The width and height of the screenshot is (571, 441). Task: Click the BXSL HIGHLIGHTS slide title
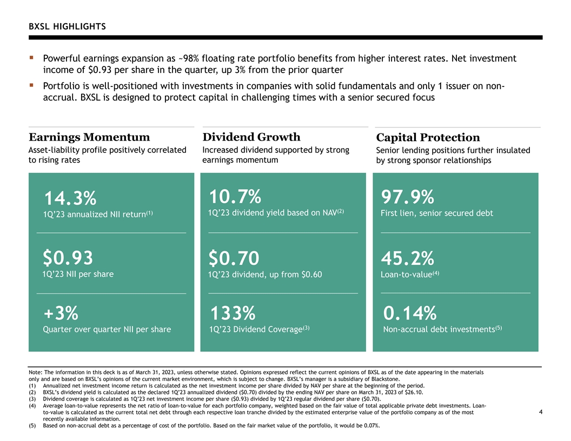pyautogui.click(x=68, y=26)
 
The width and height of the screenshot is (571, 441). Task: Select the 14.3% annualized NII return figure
pyautogui.click(x=70, y=199)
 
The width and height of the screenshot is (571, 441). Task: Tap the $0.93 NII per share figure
pyautogui.click(x=68, y=258)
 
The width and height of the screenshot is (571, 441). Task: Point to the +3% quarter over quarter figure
pyautogui.click(x=61, y=313)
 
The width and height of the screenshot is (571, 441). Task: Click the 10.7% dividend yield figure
pyautogui.click(x=235, y=197)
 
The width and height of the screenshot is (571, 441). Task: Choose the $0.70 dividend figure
pyautogui.click(x=234, y=258)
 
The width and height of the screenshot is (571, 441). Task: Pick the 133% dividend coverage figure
pyautogui.click(x=233, y=313)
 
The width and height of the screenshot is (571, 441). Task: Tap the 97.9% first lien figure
pyautogui.click(x=408, y=197)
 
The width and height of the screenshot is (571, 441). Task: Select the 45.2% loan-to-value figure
pyautogui.click(x=408, y=258)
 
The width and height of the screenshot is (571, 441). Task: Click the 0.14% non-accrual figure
pyautogui.click(x=410, y=313)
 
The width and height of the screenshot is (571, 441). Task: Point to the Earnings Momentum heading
pyautogui.click(x=89, y=137)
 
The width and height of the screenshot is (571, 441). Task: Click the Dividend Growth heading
pyautogui.click(x=251, y=137)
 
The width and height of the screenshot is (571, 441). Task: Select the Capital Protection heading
pyautogui.click(x=428, y=137)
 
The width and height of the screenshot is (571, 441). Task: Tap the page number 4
pyautogui.click(x=541, y=412)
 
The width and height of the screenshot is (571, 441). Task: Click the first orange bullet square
pyautogui.click(x=32, y=57)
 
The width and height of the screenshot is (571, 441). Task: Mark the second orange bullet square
pyautogui.click(x=32, y=85)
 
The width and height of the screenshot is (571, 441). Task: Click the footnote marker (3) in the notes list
pyautogui.click(x=32, y=399)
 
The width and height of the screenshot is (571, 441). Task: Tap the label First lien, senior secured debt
pyautogui.click(x=436, y=213)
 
